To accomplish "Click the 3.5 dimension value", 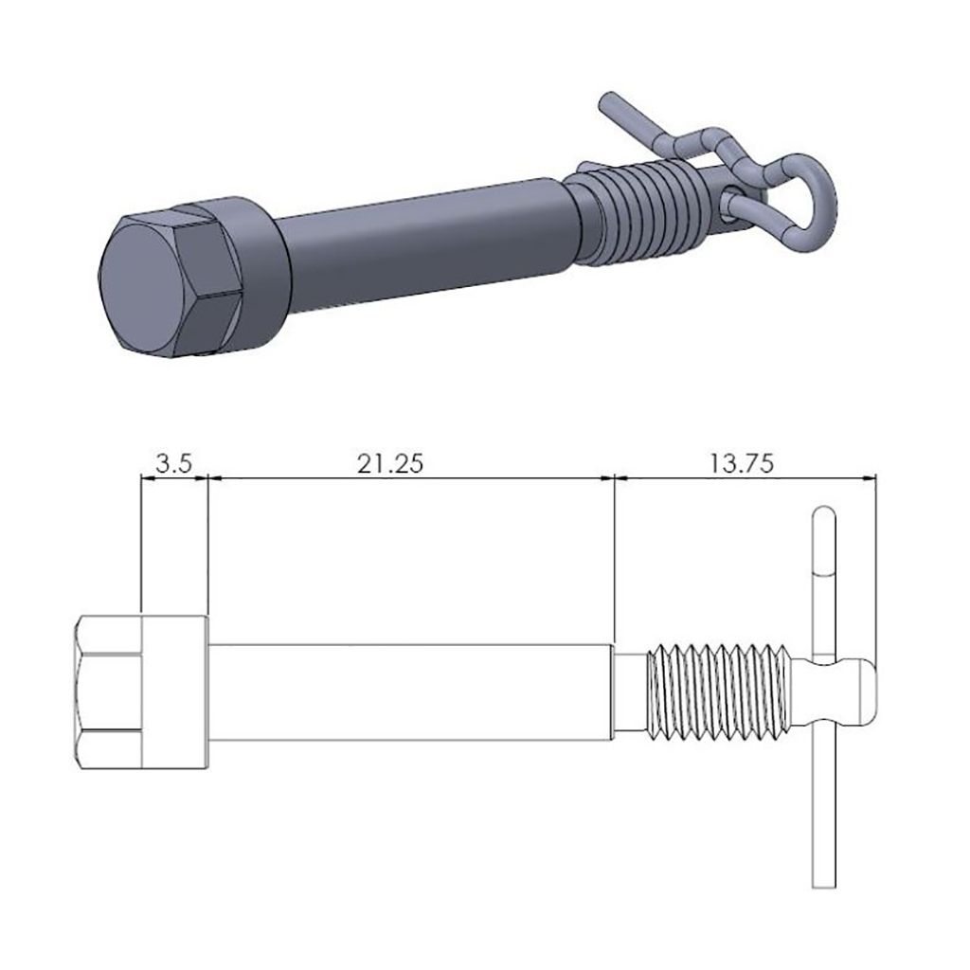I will (x=174, y=463).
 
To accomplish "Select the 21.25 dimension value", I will (x=390, y=463).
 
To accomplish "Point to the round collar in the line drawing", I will (x=174, y=691).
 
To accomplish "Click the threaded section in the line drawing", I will (x=716, y=691).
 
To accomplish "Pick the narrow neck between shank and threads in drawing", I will (x=629, y=691).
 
